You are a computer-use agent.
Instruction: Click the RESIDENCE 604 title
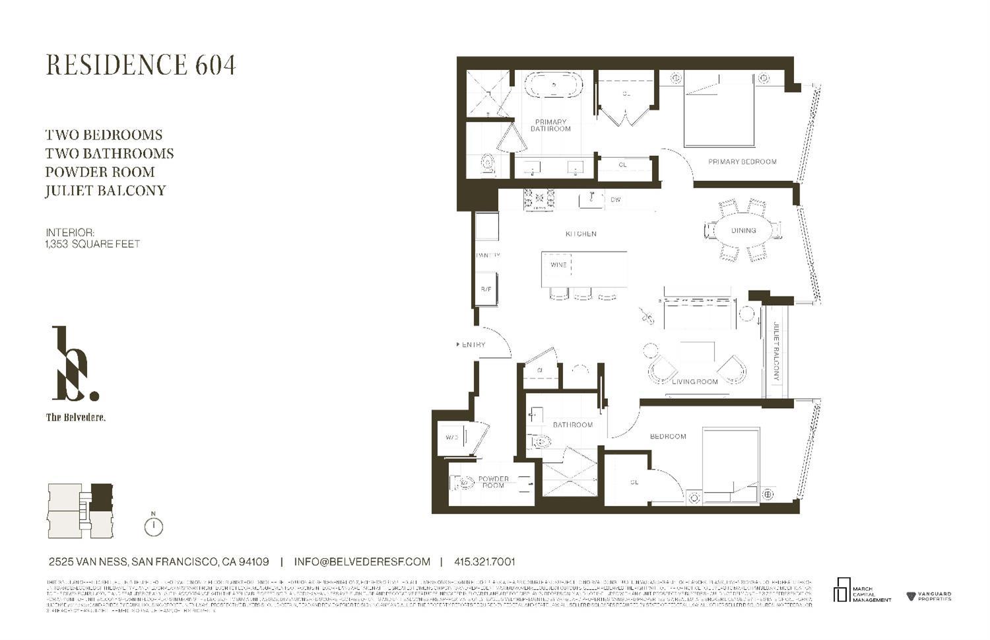point(141,65)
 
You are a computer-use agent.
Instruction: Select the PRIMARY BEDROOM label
point(742,162)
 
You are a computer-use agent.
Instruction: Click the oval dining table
point(743,231)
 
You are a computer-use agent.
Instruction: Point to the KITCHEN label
point(581,234)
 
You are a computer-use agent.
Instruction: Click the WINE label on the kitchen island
point(558,265)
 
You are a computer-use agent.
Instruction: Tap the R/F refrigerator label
point(486,289)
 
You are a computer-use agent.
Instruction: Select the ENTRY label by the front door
point(473,345)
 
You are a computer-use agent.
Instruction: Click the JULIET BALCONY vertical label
point(776,352)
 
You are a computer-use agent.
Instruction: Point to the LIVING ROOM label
point(694,382)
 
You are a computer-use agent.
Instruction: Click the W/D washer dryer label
point(452,437)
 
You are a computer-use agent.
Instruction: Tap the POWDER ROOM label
point(493,482)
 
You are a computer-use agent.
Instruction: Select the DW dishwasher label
point(615,199)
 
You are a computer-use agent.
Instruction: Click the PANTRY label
point(488,256)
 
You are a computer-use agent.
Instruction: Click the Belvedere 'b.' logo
point(75,365)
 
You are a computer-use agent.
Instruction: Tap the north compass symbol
point(153,526)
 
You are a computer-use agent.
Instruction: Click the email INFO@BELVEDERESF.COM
point(362,562)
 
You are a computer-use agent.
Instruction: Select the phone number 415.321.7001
point(484,562)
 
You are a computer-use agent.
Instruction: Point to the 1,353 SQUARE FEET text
point(92,244)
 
